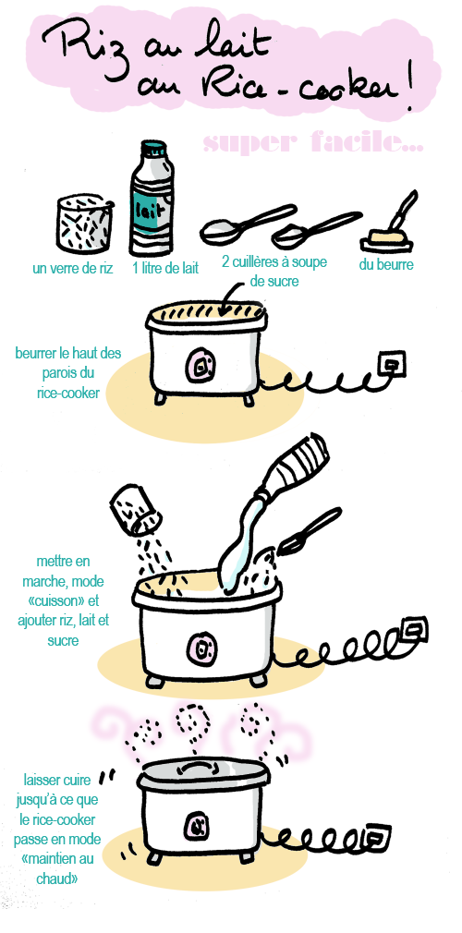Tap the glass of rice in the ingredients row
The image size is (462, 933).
[x=84, y=224]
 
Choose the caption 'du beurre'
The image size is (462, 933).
[x=385, y=265]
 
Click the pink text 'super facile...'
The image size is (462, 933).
[x=312, y=143]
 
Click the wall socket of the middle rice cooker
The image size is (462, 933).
[x=415, y=631]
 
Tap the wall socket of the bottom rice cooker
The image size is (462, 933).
[x=378, y=839]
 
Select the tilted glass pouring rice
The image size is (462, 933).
[x=134, y=511]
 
